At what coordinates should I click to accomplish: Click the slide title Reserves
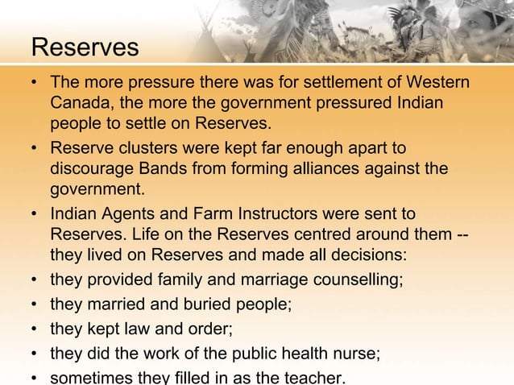point(85,48)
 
